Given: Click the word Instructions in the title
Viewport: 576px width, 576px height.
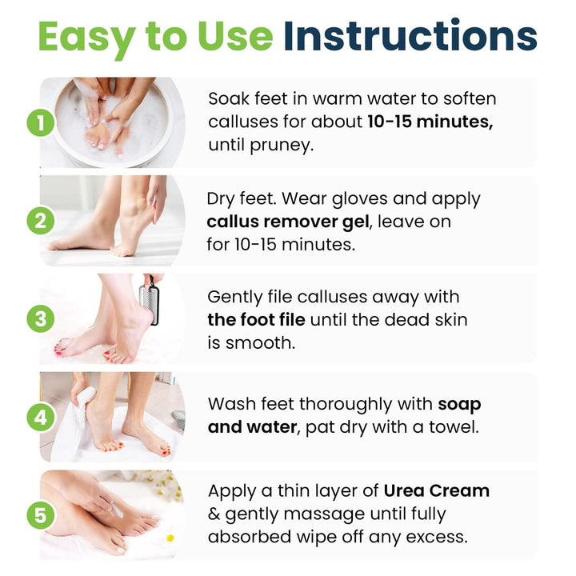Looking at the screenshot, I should click(410, 37).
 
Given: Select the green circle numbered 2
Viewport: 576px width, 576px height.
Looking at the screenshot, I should click(40, 221).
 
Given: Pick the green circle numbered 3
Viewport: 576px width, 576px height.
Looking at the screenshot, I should click(40, 319).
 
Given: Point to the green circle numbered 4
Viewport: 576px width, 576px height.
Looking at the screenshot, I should click(40, 418).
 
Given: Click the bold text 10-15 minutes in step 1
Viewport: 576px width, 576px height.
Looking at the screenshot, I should click(430, 122).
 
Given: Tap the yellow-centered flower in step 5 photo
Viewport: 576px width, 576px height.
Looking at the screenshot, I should click(170, 537).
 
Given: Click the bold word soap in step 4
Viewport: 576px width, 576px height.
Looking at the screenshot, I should click(459, 404).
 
